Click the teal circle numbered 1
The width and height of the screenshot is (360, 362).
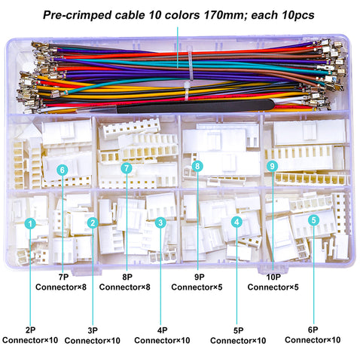[30, 223]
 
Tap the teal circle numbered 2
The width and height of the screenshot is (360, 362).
[93, 222]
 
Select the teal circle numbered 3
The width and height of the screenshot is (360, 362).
[160, 222]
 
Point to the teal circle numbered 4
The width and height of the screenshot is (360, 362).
[236, 222]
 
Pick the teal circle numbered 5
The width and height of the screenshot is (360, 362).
[313, 220]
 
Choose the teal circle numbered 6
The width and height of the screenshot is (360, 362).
[63, 170]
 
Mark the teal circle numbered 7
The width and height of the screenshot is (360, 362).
[127, 167]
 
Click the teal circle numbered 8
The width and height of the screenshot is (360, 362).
[197, 166]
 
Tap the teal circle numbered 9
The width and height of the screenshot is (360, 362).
[273, 166]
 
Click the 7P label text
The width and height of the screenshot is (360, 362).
[63, 277]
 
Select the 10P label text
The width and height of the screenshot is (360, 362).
[273, 277]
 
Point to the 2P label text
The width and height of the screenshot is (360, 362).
[30, 330]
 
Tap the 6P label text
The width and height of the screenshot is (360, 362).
[313, 330]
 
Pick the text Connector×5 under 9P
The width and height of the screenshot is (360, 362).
[197, 287]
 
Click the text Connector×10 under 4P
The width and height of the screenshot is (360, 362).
[162, 340]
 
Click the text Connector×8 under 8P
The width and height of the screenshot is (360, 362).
[125, 287]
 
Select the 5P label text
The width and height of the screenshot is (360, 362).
[238, 330]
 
